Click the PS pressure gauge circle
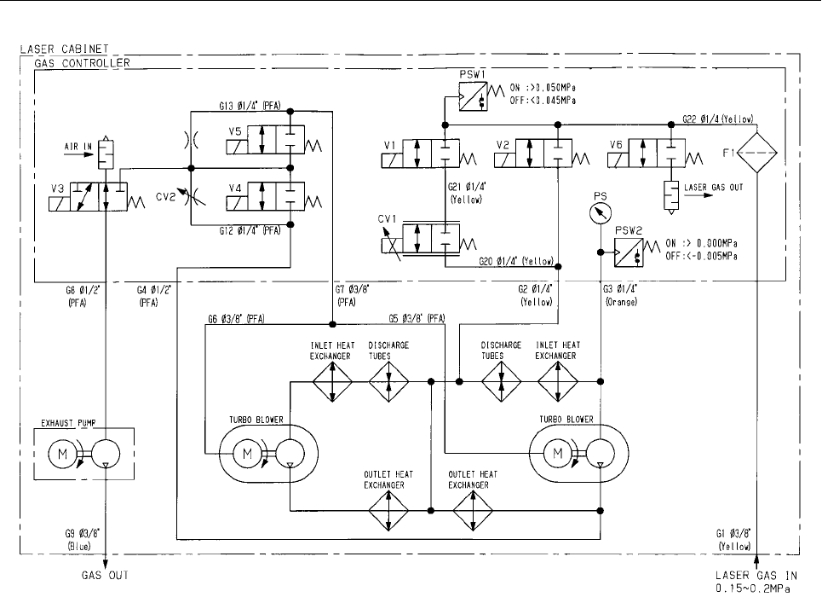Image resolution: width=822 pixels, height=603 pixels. tap(601, 213)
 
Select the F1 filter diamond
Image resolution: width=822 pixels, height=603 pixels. tap(757, 153)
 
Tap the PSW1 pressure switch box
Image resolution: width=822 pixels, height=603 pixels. tap(473, 96)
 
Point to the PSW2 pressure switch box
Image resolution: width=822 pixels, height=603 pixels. tap(629, 252)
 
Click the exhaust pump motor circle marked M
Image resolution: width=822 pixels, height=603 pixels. tap(62, 454)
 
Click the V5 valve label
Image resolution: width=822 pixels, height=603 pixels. tap(235, 131)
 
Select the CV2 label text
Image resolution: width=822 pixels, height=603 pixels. tap(165, 197)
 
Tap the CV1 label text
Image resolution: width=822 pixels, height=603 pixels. tap(388, 219)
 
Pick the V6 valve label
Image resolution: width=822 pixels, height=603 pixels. tap(616, 144)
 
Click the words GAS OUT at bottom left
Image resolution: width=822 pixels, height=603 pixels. tap(105, 575)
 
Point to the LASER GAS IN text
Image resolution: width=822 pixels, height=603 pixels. tap(756, 575)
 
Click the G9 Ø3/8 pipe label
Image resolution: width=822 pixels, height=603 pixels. tap(83, 533)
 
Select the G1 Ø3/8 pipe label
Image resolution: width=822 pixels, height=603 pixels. tap(733, 533)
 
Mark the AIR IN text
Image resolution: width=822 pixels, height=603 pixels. tap(78, 147)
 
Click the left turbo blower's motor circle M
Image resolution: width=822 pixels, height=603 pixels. tap(247, 454)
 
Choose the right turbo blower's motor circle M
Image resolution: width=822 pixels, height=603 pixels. tap(558, 454)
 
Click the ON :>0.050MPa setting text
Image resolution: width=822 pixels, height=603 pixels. tap(543, 88)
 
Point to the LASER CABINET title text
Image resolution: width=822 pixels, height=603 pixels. tap(65, 49)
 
